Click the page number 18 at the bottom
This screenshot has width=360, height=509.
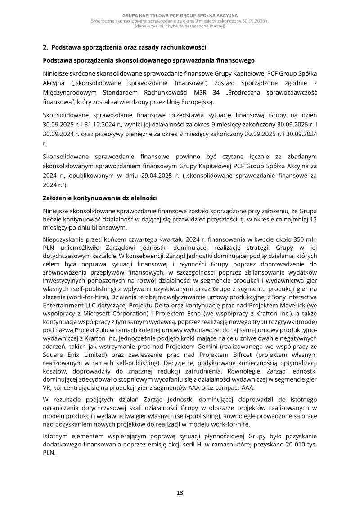pos(180,493)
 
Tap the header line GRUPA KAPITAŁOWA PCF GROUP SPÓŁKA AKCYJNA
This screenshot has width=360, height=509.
pos(180,16)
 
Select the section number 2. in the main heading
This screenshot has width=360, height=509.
pos(45,47)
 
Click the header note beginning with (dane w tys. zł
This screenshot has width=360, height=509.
pos(180,26)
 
